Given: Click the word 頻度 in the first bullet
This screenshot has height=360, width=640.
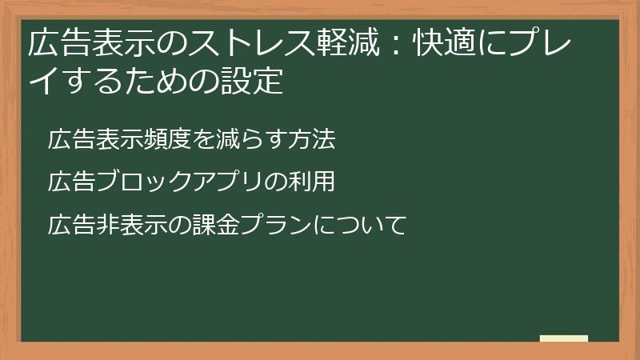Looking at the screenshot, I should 168,139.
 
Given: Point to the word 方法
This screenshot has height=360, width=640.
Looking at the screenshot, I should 311,139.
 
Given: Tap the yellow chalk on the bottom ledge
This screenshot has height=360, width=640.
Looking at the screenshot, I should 563,338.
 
